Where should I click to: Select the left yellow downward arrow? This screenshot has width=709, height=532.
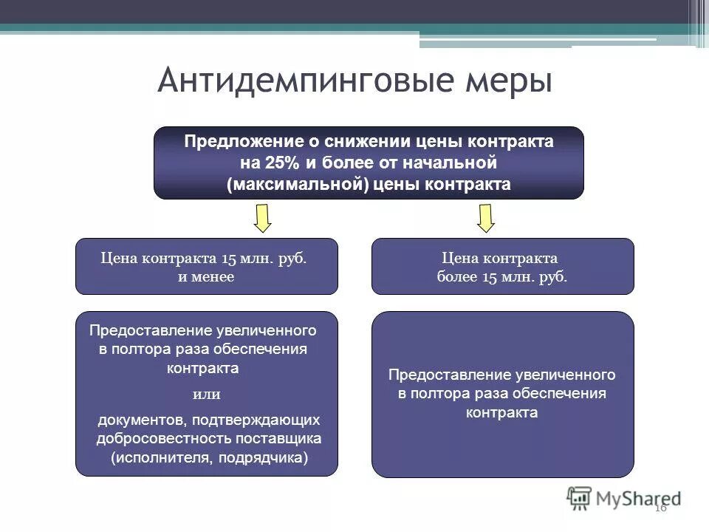tap(263, 218)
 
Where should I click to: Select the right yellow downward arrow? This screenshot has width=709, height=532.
tap(485, 218)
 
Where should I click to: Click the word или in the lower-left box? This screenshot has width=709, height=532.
tap(206, 394)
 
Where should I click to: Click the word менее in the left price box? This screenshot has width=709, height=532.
tap(215, 277)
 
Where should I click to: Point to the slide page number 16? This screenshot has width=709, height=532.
tap(660, 507)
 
